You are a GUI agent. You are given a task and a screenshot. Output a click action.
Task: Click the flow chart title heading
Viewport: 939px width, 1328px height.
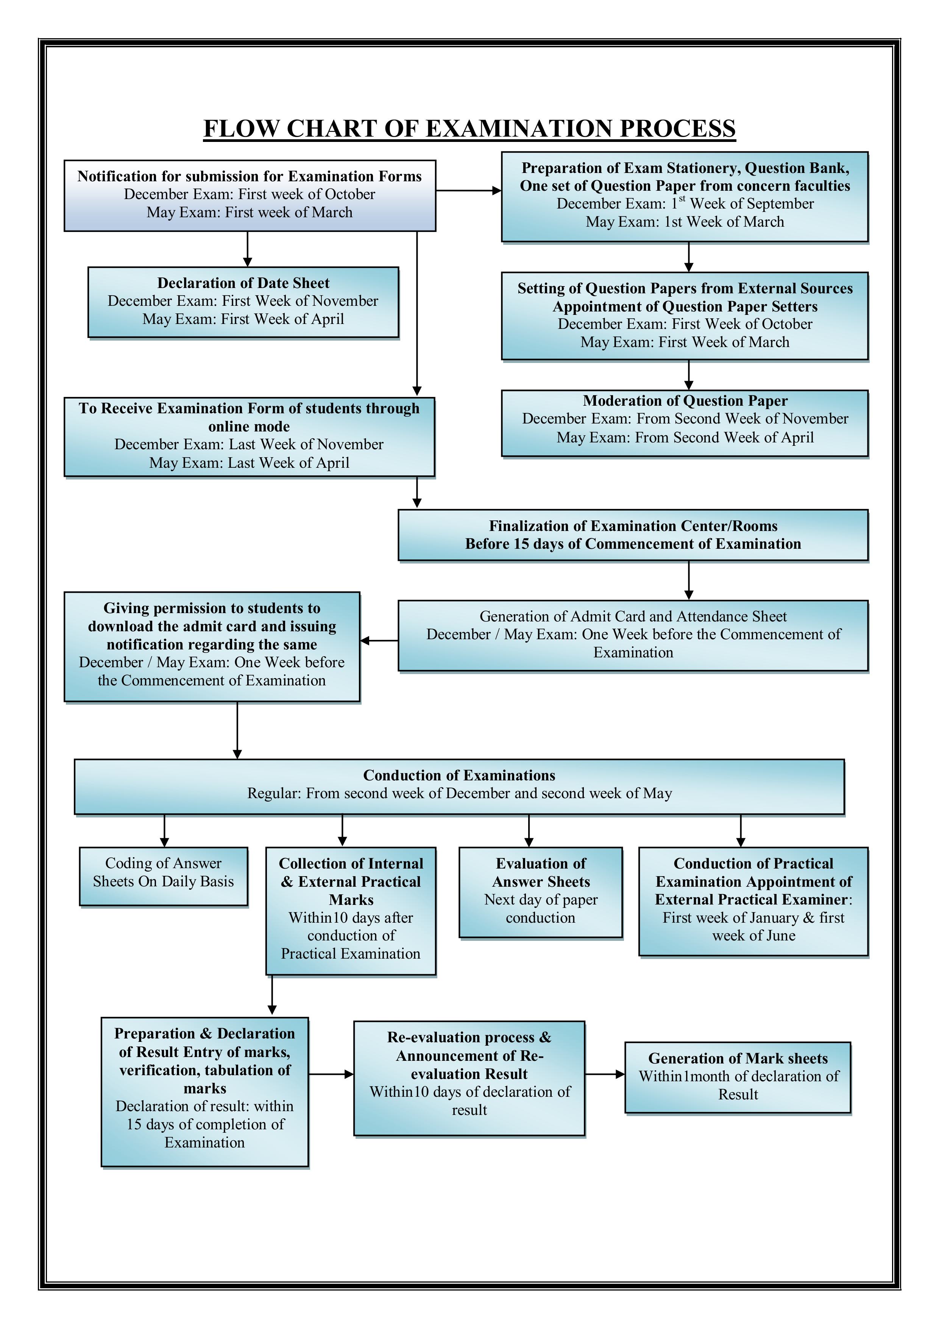click(469, 128)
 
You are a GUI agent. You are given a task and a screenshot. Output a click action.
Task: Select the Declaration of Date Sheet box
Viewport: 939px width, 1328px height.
click(243, 302)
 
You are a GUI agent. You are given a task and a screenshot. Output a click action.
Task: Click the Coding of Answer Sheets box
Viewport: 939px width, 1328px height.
click(164, 876)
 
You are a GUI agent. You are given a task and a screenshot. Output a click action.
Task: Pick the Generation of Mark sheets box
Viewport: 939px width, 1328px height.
click(738, 1077)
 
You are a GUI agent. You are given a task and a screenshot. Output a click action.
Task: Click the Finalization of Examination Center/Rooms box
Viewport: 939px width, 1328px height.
click(633, 535)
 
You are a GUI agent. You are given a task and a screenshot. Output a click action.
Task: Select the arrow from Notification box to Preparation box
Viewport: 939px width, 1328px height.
click(469, 190)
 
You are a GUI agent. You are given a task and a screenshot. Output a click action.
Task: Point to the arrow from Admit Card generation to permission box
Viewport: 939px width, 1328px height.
click(379, 640)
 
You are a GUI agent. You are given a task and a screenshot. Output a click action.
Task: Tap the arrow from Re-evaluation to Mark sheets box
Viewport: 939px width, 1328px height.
click(605, 1074)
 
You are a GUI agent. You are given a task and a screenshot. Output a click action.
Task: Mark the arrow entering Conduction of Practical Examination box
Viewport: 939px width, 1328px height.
click(741, 831)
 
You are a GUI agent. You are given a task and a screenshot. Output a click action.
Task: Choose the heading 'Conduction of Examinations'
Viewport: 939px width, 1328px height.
click(459, 775)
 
